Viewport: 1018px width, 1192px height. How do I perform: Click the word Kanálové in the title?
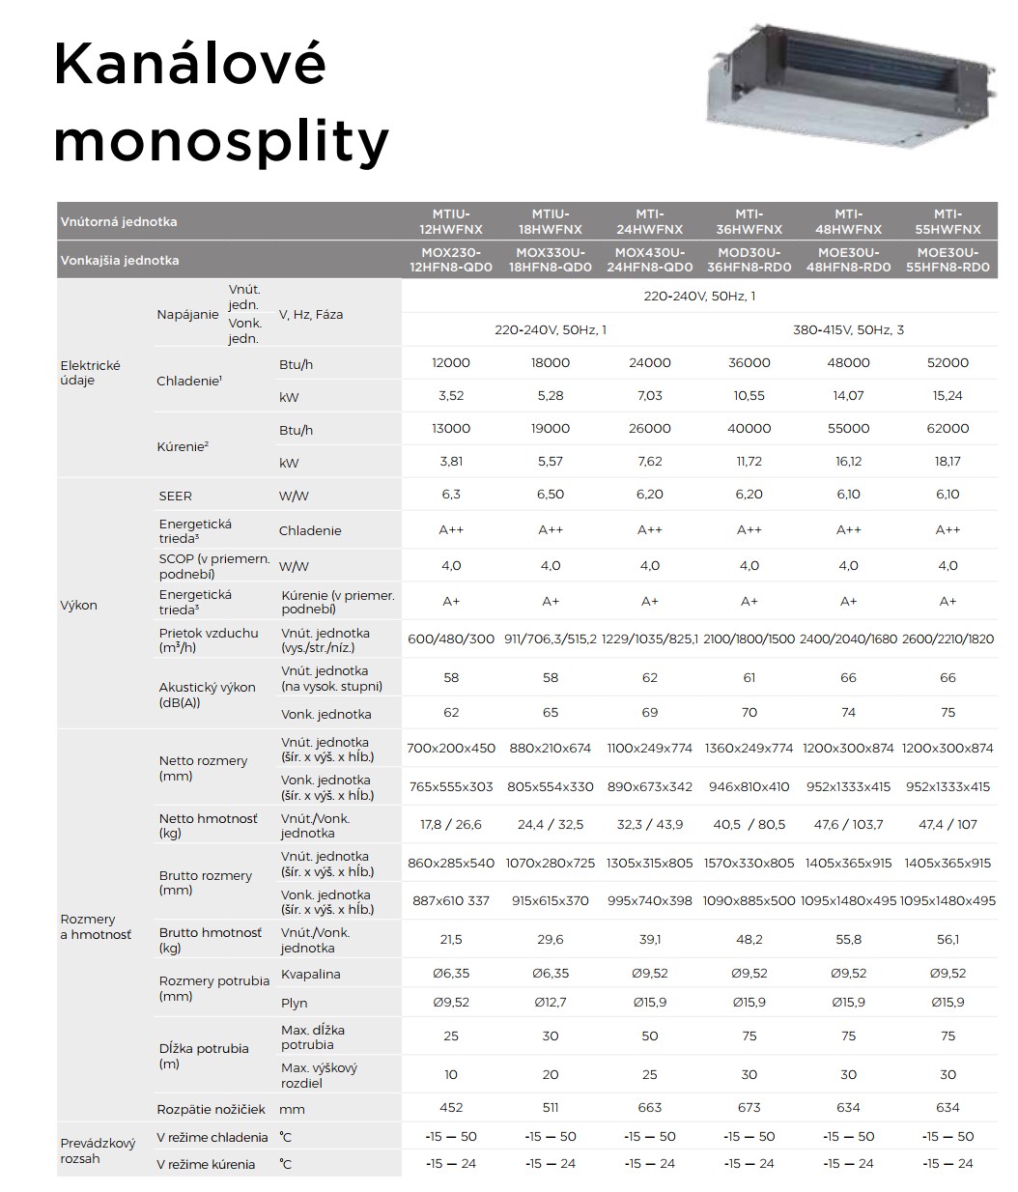[x=190, y=64]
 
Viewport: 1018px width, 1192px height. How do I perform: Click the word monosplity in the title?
[x=221, y=141]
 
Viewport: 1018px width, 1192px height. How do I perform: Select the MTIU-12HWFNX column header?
[x=451, y=221]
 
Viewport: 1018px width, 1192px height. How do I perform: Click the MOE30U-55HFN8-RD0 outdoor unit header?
[x=947, y=260]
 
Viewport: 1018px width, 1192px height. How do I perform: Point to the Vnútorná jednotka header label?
[x=119, y=221]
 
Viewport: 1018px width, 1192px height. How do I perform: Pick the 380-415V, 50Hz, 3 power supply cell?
[x=848, y=329]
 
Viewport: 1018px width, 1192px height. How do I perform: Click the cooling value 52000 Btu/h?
[x=947, y=362]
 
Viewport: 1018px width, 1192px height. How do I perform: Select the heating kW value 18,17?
[x=947, y=462]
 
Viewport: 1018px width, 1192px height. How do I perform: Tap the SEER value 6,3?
[x=451, y=495]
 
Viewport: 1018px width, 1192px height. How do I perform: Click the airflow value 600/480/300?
[x=451, y=639]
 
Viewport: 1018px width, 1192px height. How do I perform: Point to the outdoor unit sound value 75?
[x=947, y=713]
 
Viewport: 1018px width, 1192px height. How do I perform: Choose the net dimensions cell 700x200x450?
[x=451, y=748]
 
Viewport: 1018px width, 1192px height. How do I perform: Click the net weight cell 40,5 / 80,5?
[x=749, y=825]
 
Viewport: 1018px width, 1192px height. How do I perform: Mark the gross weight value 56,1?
[x=947, y=939]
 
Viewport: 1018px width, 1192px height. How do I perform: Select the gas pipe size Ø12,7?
[x=551, y=1003]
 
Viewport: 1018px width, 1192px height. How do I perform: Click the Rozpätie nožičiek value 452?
[x=451, y=1108]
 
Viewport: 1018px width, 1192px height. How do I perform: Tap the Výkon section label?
[x=79, y=606]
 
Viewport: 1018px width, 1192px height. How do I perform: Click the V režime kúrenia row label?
[x=207, y=1164]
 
